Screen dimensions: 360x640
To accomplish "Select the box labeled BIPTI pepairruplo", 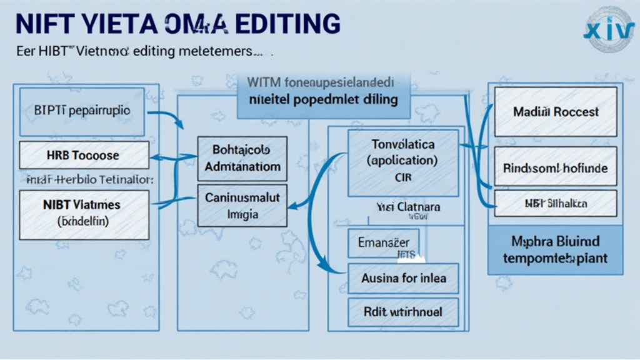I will pos(82,111).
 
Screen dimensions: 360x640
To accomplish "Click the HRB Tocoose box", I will pos(84,155).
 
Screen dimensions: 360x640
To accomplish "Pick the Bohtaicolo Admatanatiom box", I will pos(242,159).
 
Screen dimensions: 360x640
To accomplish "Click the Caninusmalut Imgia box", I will pos(242,206).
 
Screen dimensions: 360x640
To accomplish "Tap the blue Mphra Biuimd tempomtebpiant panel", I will pos(555,249).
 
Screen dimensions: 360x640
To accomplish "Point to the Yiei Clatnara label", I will pos(408,206).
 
